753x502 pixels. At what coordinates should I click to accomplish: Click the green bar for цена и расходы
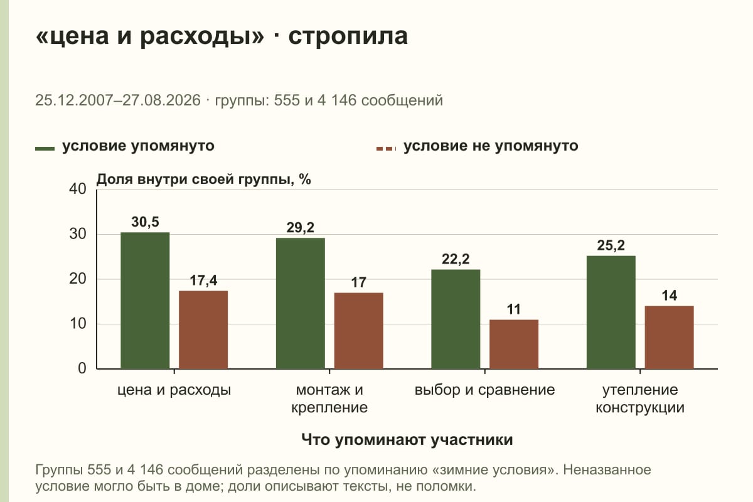click(x=145, y=301)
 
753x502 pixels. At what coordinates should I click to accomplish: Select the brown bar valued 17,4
click(x=203, y=330)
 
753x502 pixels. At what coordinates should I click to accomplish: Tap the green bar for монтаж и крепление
click(x=300, y=303)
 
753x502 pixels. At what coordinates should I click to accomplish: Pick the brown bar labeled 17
click(x=358, y=331)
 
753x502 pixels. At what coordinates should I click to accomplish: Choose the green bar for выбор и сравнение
click(x=456, y=319)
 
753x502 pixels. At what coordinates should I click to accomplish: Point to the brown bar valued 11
click(x=514, y=344)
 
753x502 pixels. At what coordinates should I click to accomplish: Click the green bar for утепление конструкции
click(x=611, y=312)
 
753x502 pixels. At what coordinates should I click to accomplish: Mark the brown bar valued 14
click(x=669, y=338)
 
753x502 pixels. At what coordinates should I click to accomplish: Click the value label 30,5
click(x=145, y=222)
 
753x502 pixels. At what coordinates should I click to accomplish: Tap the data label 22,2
click(x=456, y=259)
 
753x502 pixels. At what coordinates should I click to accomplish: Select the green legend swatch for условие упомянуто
click(x=45, y=149)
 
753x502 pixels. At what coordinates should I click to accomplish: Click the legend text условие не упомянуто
click(x=491, y=146)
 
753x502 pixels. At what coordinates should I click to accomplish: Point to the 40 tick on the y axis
click(x=78, y=189)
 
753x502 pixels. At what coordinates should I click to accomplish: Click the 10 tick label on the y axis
click(x=78, y=324)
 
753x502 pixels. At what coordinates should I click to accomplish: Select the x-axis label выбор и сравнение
click(x=484, y=390)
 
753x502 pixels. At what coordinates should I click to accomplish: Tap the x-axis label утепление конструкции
click(x=640, y=398)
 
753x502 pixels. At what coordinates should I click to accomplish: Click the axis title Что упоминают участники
click(x=407, y=440)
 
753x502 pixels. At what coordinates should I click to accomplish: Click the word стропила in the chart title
click(x=348, y=36)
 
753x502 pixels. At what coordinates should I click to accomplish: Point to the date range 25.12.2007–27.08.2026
click(x=118, y=100)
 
